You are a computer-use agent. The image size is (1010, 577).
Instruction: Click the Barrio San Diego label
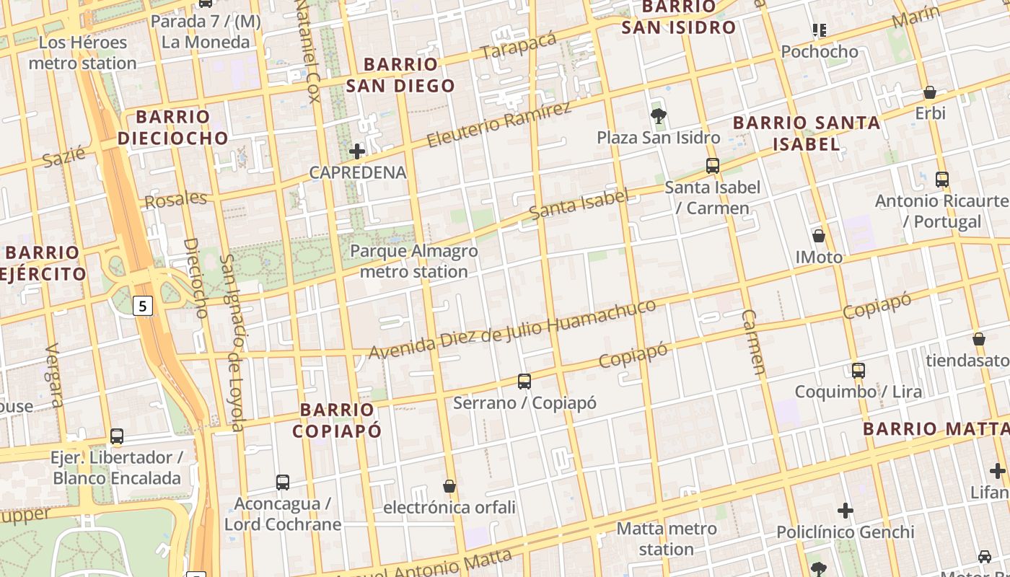tap(400, 75)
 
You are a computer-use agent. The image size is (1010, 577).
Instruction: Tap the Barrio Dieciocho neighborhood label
tap(173, 127)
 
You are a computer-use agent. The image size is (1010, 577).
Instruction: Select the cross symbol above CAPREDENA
tap(357, 151)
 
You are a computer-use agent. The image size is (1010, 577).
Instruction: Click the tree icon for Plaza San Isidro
tap(658, 115)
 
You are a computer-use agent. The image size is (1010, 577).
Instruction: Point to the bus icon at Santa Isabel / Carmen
tap(713, 166)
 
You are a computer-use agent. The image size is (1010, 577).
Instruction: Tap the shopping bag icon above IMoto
tap(819, 236)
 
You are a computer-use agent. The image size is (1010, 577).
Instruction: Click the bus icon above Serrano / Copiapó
tap(524, 381)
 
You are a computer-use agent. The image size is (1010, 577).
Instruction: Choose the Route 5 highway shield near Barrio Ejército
tap(143, 306)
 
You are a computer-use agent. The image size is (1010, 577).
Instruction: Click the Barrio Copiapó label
tap(337, 420)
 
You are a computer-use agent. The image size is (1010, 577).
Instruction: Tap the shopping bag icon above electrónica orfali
tap(449, 486)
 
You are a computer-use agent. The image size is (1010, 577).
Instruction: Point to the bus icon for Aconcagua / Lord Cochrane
tap(283, 482)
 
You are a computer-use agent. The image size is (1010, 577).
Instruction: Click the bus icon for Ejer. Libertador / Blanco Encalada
tap(117, 436)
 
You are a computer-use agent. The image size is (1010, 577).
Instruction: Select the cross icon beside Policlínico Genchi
tap(846, 511)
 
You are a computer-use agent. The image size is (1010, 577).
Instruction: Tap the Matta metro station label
tap(667, 539)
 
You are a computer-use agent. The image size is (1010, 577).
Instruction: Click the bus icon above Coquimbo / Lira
tap(858, 371)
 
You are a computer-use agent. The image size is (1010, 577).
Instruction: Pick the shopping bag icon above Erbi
tap(930, 92)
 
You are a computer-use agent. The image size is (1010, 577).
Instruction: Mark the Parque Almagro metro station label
tap(414, 261)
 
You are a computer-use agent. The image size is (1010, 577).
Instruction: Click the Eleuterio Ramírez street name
tap(499, 125)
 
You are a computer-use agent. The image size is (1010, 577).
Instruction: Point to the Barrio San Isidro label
tap(679, 17)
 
